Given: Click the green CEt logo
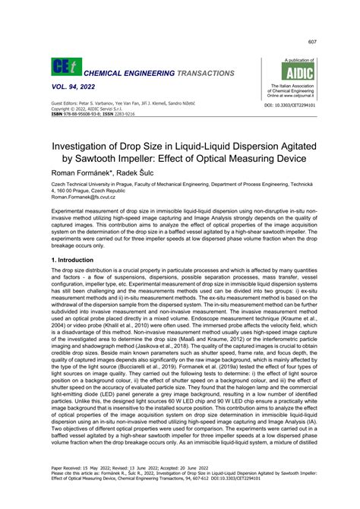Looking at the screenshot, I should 65,68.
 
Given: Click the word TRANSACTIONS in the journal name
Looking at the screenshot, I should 196,72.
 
